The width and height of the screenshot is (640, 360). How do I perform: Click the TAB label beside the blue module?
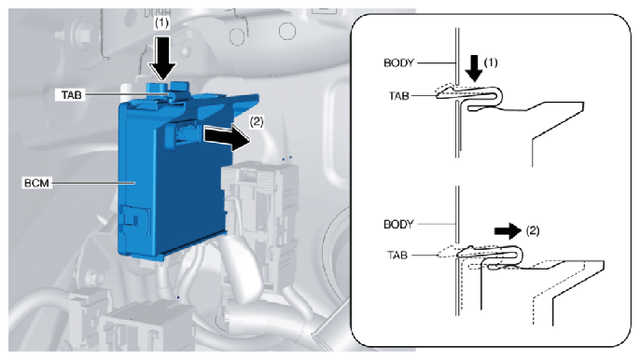click(x=72, y=95)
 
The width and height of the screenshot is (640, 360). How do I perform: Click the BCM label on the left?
click(x=36, y=184)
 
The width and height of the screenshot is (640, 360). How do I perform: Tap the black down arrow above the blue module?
click(x=162, y=58)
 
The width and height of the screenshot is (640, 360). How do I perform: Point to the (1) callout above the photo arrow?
click(x=161, y=23)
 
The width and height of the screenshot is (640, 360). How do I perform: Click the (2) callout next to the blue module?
click(x=257, y=121)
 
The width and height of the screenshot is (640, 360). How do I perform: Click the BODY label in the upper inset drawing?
click(x=398, y=62)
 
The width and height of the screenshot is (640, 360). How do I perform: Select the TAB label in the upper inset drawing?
click(x=398, y=96)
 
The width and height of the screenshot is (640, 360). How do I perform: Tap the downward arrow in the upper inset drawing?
click(x=474, y=68)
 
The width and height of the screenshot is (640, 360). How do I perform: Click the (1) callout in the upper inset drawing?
click(x=491, y=62)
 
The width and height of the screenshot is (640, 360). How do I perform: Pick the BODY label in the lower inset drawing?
click(x=398, y=224)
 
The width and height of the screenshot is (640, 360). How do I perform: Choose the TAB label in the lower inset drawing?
click(x=397, y=256)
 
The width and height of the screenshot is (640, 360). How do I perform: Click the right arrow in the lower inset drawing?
click(x=508, y=230)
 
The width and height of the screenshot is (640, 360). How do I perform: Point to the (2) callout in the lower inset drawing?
click(x=532, y=230)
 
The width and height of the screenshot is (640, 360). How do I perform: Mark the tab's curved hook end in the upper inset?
click(x=497, y=97)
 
